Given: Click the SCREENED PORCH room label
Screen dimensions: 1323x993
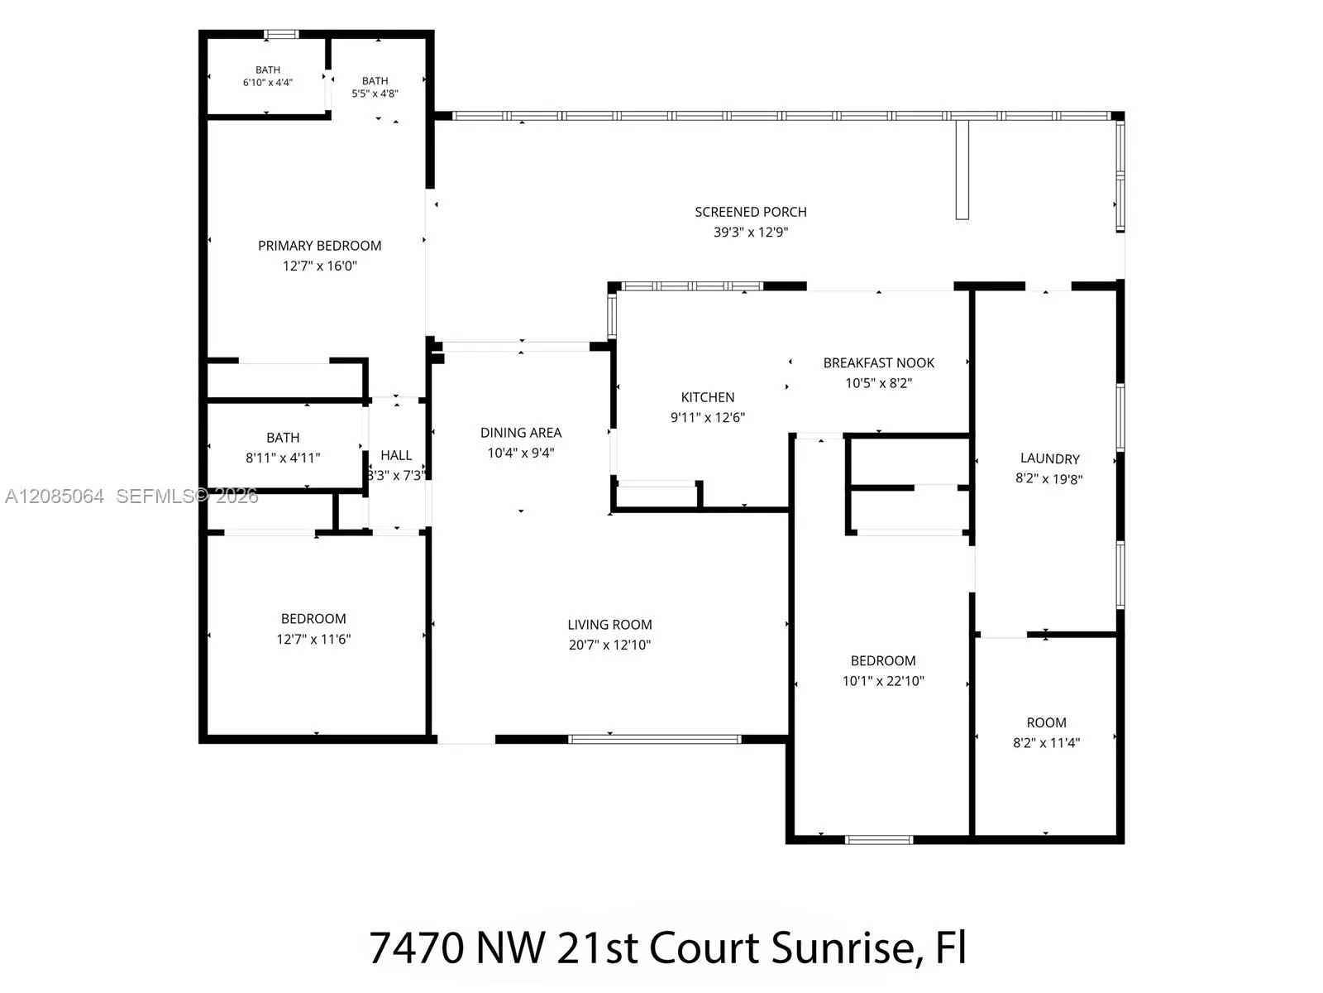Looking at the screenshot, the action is point(751,212).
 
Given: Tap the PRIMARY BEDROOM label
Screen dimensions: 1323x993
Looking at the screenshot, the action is point(319,246).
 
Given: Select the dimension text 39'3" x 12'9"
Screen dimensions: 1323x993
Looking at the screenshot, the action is point(751,233).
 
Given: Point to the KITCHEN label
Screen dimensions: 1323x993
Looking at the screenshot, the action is point(708,397).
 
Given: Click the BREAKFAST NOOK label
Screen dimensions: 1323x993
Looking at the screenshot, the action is point(879,363).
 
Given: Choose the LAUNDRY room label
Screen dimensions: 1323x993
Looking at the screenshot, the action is point(1049,458).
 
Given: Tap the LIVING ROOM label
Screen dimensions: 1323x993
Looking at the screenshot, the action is point(609,625).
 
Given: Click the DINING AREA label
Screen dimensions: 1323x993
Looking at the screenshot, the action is point(521,433).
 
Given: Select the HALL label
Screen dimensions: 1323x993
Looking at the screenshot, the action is point(396,455).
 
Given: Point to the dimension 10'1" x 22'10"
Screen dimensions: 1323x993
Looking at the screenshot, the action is point(883,681).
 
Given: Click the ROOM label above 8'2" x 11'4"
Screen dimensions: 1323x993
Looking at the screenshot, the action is point(1046,722).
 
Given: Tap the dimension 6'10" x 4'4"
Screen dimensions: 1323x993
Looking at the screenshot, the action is point(268,83).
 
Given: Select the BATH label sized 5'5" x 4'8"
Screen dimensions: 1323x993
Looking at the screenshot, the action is point(375,81).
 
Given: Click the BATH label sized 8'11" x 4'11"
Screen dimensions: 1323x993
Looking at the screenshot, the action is point(283,438).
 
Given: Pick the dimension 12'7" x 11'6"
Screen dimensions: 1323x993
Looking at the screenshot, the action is point(313,639).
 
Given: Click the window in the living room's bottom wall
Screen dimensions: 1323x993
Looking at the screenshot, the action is point(655,739).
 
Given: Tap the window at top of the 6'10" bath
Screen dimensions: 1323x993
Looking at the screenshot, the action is point(281,35).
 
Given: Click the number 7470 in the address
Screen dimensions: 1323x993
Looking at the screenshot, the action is point(416,948).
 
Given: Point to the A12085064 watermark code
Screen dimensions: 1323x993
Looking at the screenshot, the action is point(55,496).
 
